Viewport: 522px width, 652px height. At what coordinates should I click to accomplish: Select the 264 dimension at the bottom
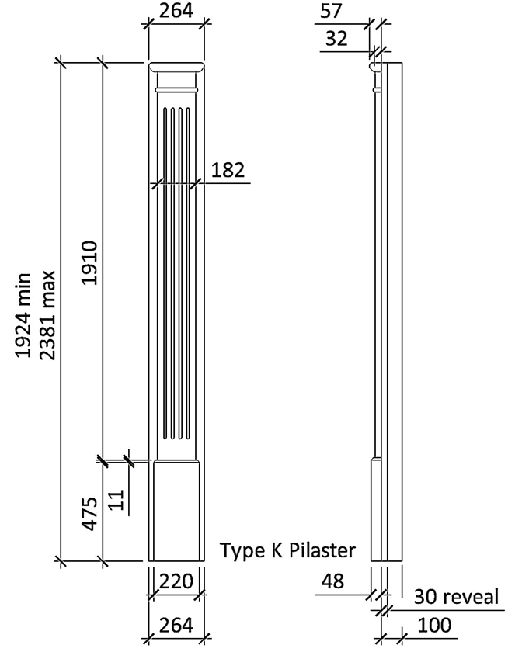tap(176, 625)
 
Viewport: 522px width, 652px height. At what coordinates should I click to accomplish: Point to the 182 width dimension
tap(227, 170)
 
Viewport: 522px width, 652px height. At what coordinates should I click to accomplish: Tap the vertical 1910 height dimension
tap(89, 262)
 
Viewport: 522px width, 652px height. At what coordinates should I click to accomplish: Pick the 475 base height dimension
tap(89, 513)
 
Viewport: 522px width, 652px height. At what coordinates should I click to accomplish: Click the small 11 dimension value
tap(117, 499)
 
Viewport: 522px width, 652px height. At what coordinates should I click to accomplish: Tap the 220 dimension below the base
tap(176, 581)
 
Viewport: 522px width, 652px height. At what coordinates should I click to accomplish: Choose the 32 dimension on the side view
tap(337, 38)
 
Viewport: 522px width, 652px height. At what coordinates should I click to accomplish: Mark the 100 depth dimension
tap(435, 625)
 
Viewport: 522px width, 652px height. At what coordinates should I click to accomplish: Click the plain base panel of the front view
tap(176, 512)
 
